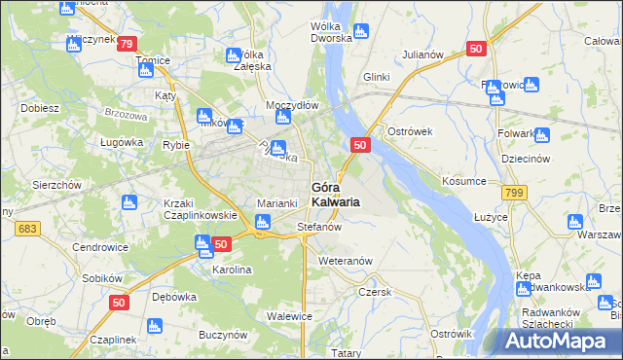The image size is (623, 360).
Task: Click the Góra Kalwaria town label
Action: click(x=335, y=194)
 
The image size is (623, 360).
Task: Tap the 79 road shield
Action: click(x=126, y=44)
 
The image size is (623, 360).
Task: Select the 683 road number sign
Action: click(x=27, y=228)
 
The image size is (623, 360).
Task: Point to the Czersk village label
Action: click(x=374, y=291)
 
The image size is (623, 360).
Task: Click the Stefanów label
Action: click(x=318, y=228)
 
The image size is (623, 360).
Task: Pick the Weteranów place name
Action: click(x=346, y=262)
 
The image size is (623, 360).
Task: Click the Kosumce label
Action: click(x=462, y=182)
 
